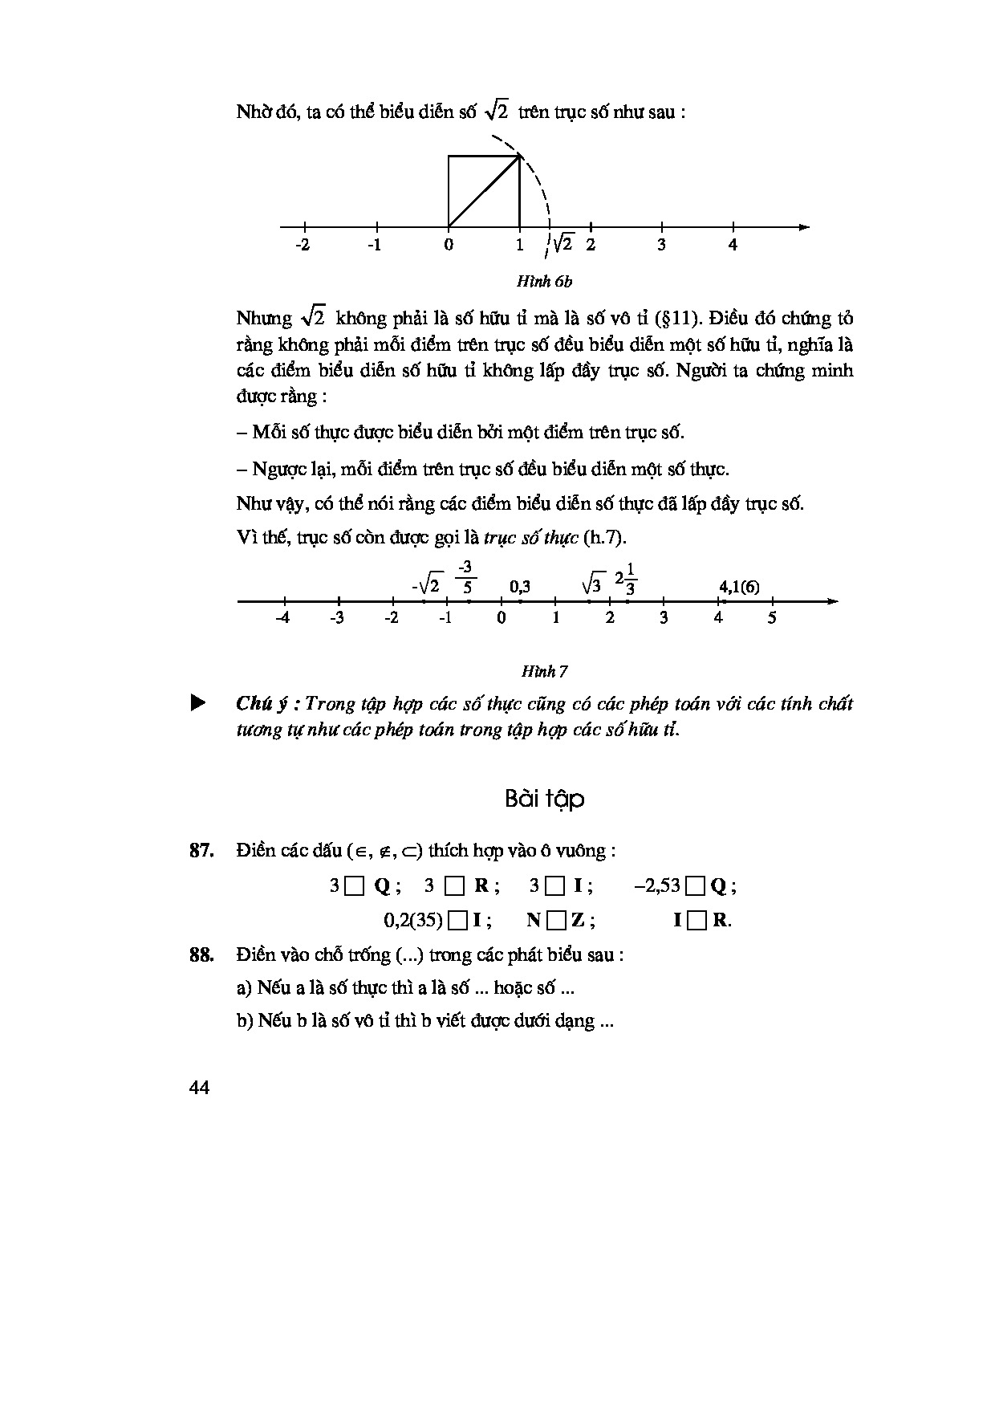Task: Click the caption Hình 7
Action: point(545,671)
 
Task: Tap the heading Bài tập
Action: point(545,799)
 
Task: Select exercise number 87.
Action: point(201,851)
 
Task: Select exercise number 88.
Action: point(201,955)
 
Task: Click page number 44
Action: point(200,1088)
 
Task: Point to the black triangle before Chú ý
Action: point(197,704)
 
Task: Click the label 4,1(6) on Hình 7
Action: point(739,587)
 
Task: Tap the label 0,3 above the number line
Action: point(520,587)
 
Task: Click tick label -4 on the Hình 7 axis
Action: point(282,618)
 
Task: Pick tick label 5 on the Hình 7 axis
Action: point(772,618)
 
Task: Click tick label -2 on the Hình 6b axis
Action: point(302,245)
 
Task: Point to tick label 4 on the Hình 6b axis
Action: point(733,245)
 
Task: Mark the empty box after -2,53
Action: point(696,886)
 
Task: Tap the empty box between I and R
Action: point(697,920)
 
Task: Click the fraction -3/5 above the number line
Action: point(465,578)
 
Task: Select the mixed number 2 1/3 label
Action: point(626,580)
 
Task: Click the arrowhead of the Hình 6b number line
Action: point(804,227)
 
